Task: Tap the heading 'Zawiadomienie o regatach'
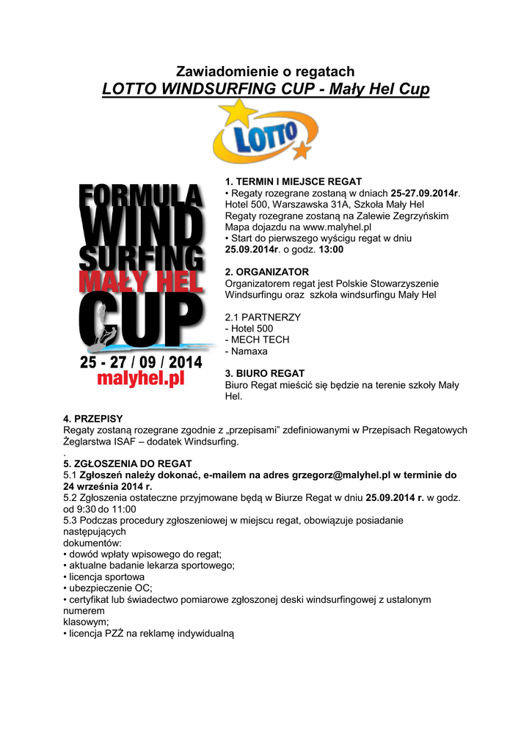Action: tap(266, 71)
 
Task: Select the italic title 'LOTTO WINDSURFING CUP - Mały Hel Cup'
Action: tap(266, 89)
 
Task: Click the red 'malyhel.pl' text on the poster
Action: tap(140, 379)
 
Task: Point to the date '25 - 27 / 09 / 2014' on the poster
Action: tap(141, 362)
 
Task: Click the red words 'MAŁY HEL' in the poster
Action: tap(140, 281)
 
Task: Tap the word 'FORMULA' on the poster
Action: tap(140, 197)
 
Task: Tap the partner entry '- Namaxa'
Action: tap(247, 351)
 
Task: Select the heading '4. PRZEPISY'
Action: tap(93, 419)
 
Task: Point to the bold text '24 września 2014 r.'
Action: tap(108, 486)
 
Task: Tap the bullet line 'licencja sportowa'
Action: tap(106, 576)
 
